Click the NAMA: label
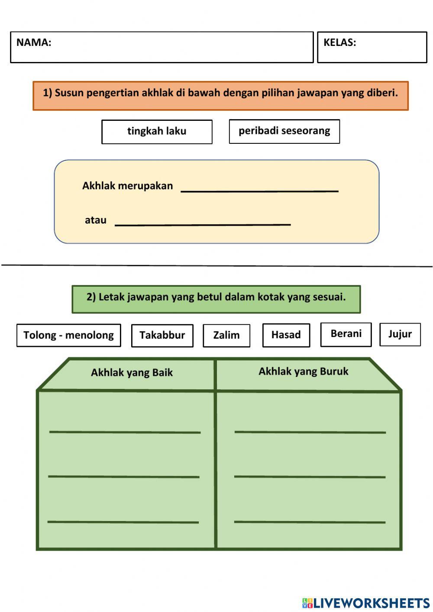click(x=34, y=42)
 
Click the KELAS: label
click(x=339, y=42)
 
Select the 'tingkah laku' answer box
click(x=157, y=132)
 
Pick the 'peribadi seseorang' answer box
click(x=284, y=131)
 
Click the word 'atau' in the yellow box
click(x=96, y=220)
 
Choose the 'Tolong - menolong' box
click(x=68, y=335)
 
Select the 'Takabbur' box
click(x=162, y=335)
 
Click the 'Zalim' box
click(x=226, y=335)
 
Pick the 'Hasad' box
click(x=286, y=335)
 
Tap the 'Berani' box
click(x=346, y=334)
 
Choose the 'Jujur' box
click(x=400, y=334)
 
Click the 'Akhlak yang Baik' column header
click(x=132, y=372)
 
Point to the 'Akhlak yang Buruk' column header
click(x=303, y=372)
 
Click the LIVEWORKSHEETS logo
click(x=366, y=603)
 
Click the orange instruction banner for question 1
click(x=220, y=95)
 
